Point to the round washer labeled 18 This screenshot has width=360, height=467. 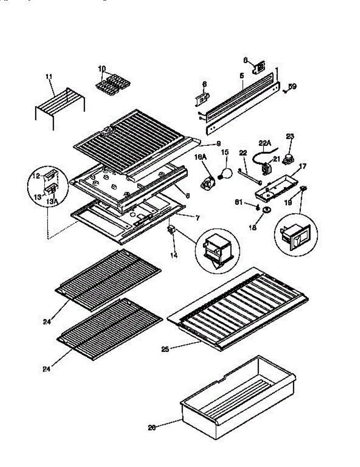click(x=267, y=211)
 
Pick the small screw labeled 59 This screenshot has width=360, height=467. click(x=285, y=91)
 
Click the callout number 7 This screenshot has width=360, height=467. click(x=197, y=218)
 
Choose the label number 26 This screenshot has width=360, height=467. click(x=152, y=427)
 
